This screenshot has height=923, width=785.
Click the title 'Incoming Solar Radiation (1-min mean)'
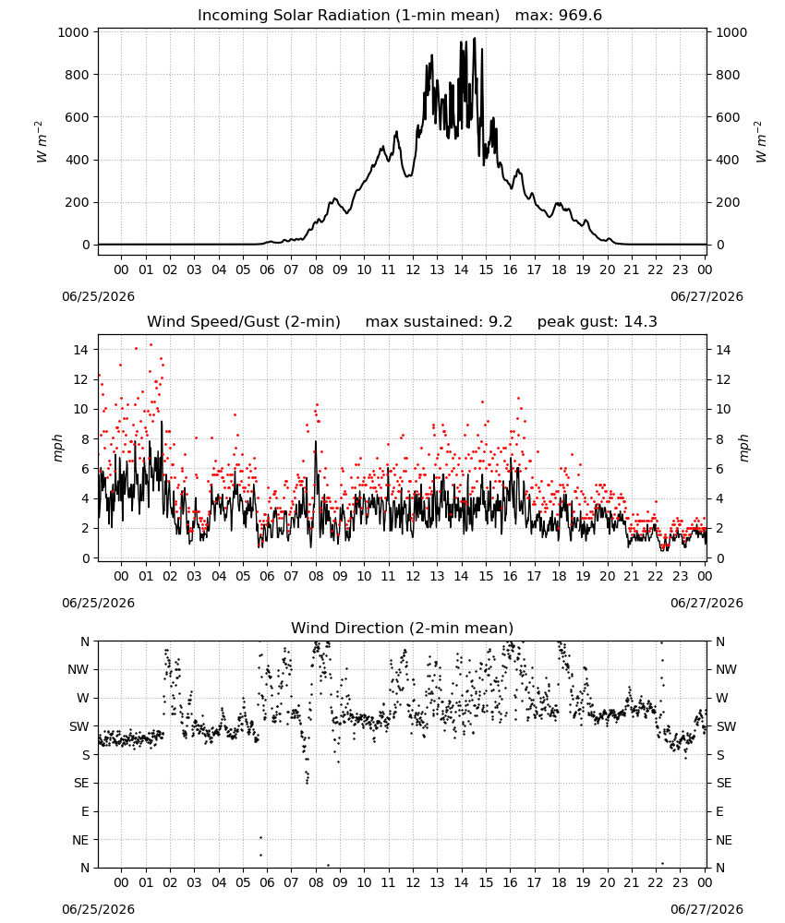tap(348, 16)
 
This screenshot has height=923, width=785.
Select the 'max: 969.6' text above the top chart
tap(559, 16)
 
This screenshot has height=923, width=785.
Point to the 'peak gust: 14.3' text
tap(598, 322)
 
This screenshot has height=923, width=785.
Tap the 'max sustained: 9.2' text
tap(439, 322)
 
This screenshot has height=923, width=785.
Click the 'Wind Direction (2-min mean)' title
tap(403, 628)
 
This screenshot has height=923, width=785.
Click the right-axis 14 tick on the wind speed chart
tap(723, 350)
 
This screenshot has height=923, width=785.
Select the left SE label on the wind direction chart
tap(82, 783)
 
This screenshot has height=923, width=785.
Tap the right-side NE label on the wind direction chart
tap(724, 840)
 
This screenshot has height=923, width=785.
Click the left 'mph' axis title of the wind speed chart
tap(57, 448)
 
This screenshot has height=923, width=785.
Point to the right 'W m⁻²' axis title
tap(760, 142)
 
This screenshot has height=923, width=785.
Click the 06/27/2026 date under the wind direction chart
tap(706, 909)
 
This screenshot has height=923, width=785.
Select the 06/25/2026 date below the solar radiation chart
tap(98, 296)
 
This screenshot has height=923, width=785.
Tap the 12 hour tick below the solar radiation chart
tap(413, 270)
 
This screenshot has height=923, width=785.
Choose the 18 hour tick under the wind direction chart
tap(559, 882)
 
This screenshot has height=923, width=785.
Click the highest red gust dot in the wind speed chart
tap(151, 345)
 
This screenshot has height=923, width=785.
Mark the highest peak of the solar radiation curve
tap(475, 39)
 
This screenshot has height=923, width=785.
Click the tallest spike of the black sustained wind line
tap(162, 422)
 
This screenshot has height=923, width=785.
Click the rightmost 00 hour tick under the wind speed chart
tap(705, 576)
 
